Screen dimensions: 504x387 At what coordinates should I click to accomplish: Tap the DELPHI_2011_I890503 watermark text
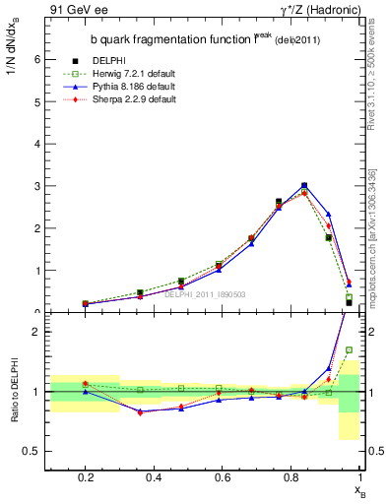pos(205,293)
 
